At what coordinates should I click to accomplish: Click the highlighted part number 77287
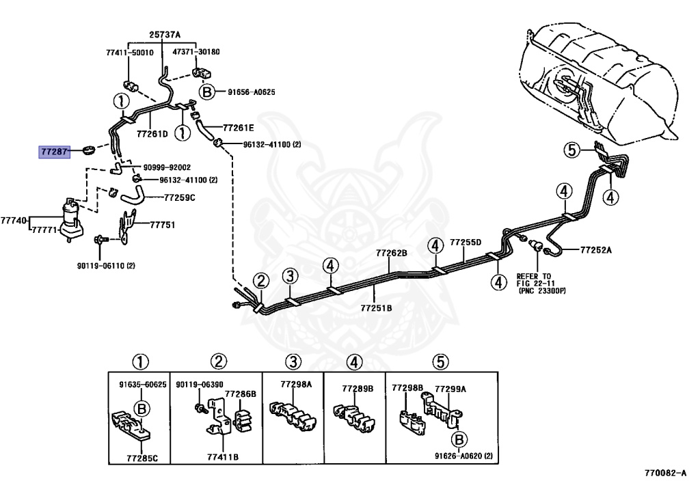(55, 152)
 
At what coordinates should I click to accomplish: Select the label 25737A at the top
(165, 34)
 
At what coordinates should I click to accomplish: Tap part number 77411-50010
(129, 53)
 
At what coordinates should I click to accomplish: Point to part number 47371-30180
(196, 52)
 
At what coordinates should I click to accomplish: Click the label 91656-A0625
(252, 92)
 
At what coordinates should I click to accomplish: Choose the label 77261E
(239, 128)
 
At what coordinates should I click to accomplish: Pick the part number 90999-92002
(167, 167)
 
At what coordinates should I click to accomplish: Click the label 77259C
(180, 197)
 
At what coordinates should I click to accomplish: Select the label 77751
(163, 225)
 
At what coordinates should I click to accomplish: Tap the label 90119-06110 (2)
(106, 266)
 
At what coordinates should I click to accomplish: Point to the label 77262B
(392, 253)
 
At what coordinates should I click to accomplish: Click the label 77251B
(377, 307)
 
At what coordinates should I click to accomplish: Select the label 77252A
(596, 250)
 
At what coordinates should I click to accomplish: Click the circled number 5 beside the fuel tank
(572, 150)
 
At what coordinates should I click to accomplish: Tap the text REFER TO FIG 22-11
(534, 279)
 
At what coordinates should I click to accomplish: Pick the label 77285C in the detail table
(142, 458)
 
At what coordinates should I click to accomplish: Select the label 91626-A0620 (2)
(464, 456)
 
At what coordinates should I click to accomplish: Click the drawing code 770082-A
(665, 473)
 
